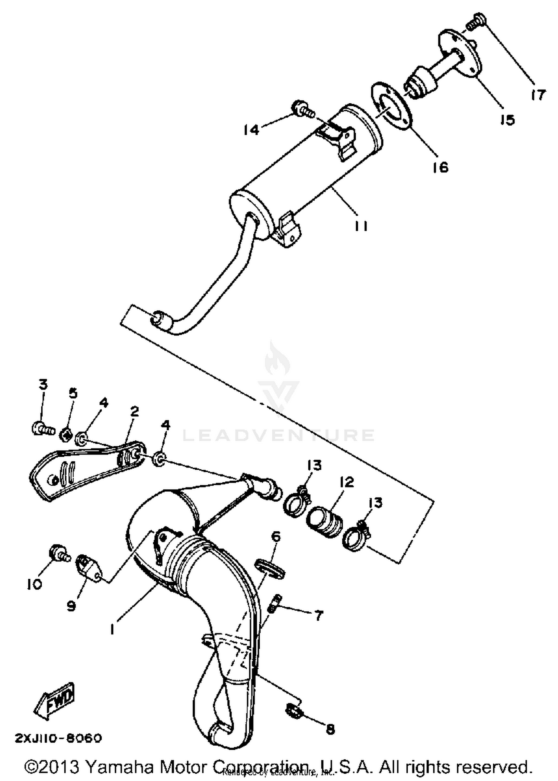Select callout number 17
538,95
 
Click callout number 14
251,130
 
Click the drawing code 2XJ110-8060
58,738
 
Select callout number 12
347,482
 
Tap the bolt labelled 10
59,553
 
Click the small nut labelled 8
294,712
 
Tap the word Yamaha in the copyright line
121,767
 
